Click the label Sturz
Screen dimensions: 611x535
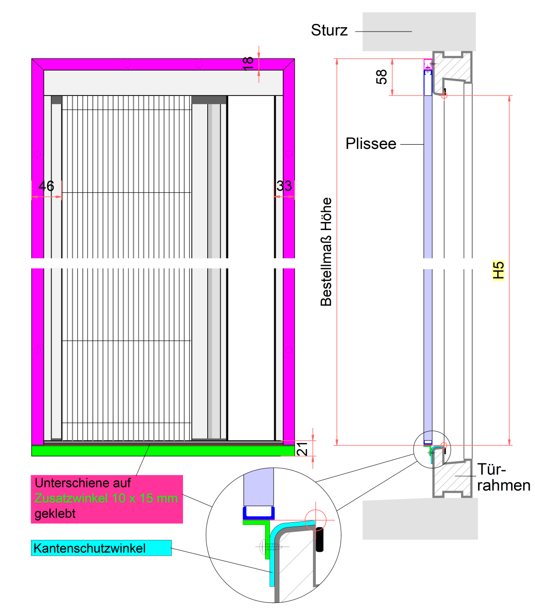(329, 31)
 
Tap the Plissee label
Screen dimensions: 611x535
(371, 144)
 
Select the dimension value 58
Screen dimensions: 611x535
(382, 77)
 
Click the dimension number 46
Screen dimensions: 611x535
(46, 186)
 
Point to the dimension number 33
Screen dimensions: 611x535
(284, 186)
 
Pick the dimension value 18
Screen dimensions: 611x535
(248, 63)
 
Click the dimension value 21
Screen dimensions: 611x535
(302, 449)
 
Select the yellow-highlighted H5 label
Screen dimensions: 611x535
(498, 270)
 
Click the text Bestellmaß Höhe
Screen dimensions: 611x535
(326, 252)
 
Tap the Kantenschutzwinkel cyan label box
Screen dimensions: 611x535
(101, 548)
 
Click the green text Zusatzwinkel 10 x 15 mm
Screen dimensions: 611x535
(106, 498)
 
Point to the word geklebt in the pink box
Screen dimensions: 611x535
(55, 514)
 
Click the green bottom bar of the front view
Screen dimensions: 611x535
(162, 451)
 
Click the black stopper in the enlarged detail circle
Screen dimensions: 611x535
(320, 539)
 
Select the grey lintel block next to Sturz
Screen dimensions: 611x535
(419, 32)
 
